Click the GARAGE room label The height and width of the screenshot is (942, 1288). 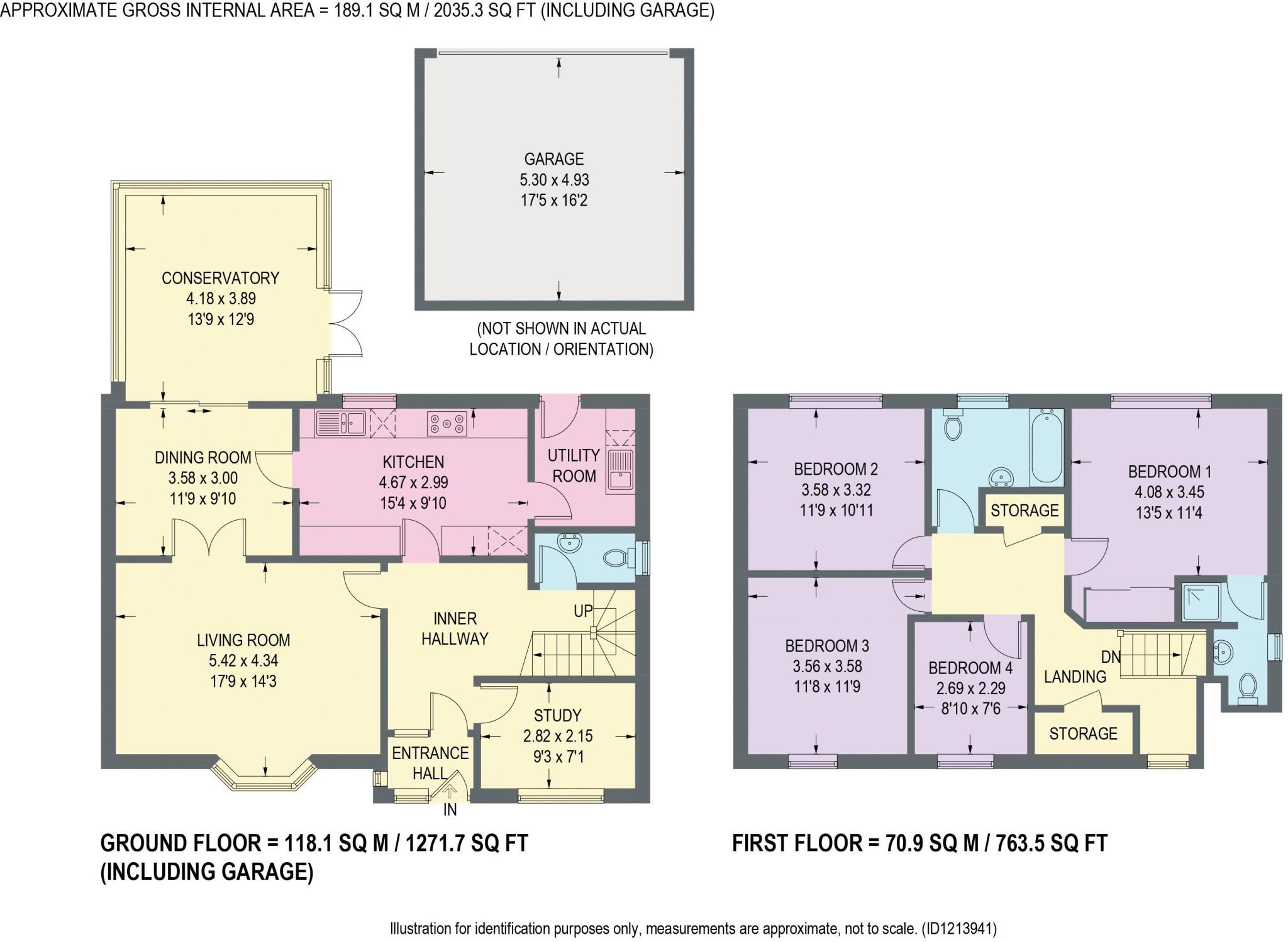pos(554,159)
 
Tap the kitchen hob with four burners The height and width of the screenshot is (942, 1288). pos(447,423)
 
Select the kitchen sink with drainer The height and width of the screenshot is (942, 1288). pos(341,423)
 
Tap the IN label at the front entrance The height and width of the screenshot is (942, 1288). pos(450,810)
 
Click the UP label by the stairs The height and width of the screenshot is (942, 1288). pos(583,611)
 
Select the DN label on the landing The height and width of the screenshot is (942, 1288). pos(1111,657)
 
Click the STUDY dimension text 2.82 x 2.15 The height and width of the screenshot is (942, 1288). pos(558,736)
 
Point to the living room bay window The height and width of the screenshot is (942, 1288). pos(264,777)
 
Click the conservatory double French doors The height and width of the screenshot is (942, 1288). pos(346,324)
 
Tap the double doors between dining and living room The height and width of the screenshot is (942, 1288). pos(209,538)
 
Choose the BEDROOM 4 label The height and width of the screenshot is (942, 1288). pos(970,668)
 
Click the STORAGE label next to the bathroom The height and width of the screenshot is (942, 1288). pos(1024,511)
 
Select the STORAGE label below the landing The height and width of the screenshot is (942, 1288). pos(1083,733)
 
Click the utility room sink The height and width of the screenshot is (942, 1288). pos(620,471)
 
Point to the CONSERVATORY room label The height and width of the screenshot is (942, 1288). pos(220,278)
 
